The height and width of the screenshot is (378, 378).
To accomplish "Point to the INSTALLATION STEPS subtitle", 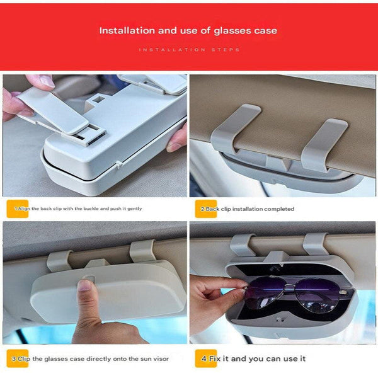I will point(189,49).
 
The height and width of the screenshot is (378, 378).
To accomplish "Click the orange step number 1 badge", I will point(17,208).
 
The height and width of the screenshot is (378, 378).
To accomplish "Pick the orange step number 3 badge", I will point(17,358).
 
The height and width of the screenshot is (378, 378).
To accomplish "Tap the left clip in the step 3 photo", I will point(60,259).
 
